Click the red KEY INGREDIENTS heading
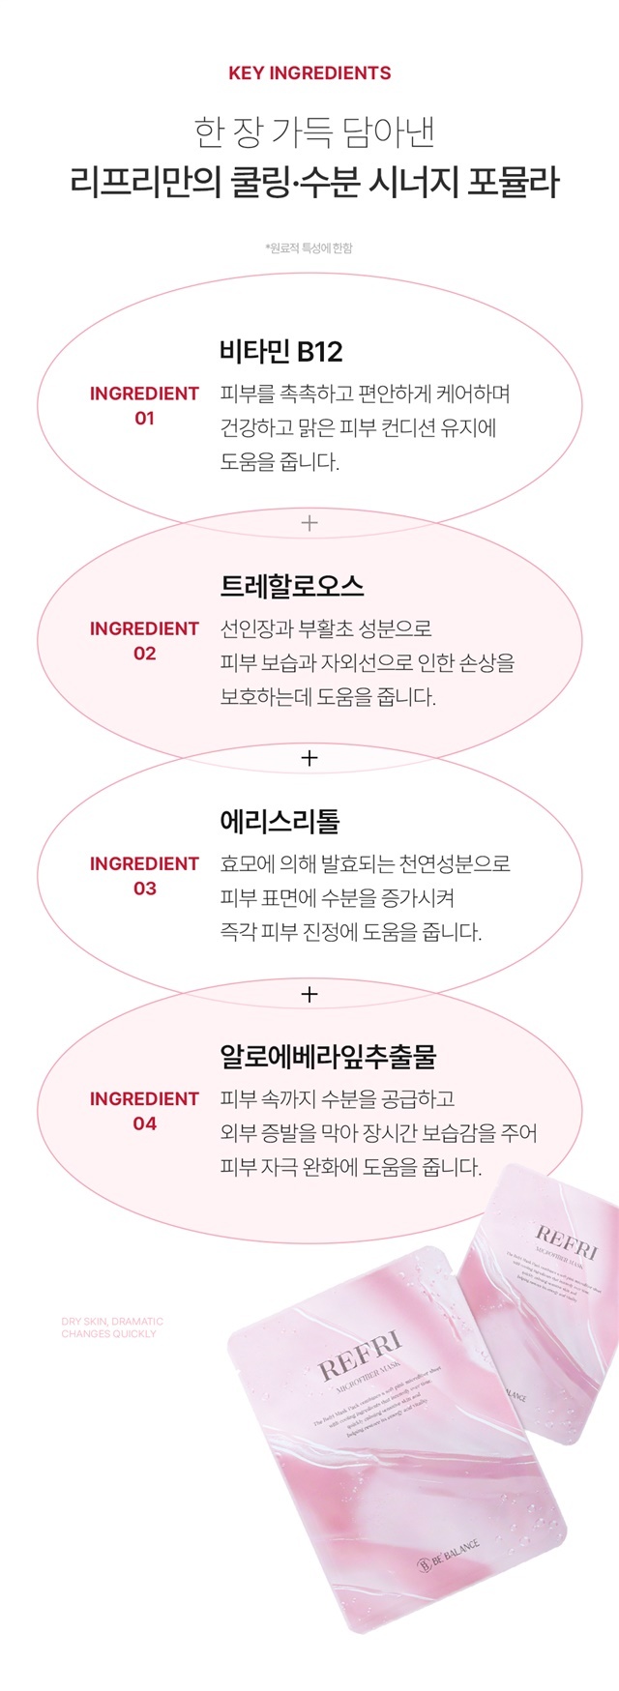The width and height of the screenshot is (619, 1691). (309, 73)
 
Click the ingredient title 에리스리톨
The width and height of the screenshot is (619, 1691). (280, 821)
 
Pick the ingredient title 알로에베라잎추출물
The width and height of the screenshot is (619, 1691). (328, 1056)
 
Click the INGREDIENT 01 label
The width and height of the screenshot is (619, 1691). (144, 405)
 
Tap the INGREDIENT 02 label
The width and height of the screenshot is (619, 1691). (144, 640)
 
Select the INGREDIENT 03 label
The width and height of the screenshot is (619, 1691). (144, 875)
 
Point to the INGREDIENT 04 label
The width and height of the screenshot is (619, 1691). (144, 1111)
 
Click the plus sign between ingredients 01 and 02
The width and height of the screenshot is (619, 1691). (309, 523)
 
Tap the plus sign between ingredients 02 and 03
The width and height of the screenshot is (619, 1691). (309, 758)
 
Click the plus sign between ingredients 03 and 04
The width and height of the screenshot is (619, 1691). (309, 994)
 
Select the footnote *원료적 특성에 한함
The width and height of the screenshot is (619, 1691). (309, 248)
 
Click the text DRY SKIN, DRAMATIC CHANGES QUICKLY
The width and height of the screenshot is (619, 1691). (112, 1327)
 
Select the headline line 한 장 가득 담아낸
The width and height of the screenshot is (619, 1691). (309, 132)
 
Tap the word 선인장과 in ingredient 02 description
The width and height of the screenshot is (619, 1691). (254, 628)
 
